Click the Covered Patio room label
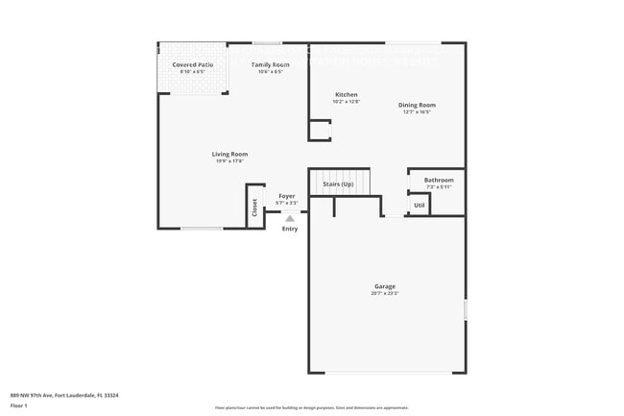coord(192,64)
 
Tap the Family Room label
coord(270,64)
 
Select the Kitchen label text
coord(347,94)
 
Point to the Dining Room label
coord(417,105)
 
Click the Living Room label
coord(230,154)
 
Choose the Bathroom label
coord(439,180)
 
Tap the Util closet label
coord(419,205)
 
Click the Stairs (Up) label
coord(338,183)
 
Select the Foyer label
coord(287,196)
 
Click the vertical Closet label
coord(255,208)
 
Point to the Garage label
coord(385,286)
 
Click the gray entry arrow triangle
coord(289,219)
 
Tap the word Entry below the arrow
coord(289,229)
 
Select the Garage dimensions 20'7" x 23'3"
coord(385,294)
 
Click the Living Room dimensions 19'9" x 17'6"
coord(230,161)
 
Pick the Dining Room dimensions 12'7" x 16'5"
coord(417,112)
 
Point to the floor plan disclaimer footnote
coord(312,408)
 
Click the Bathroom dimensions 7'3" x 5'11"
coord(439,186)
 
